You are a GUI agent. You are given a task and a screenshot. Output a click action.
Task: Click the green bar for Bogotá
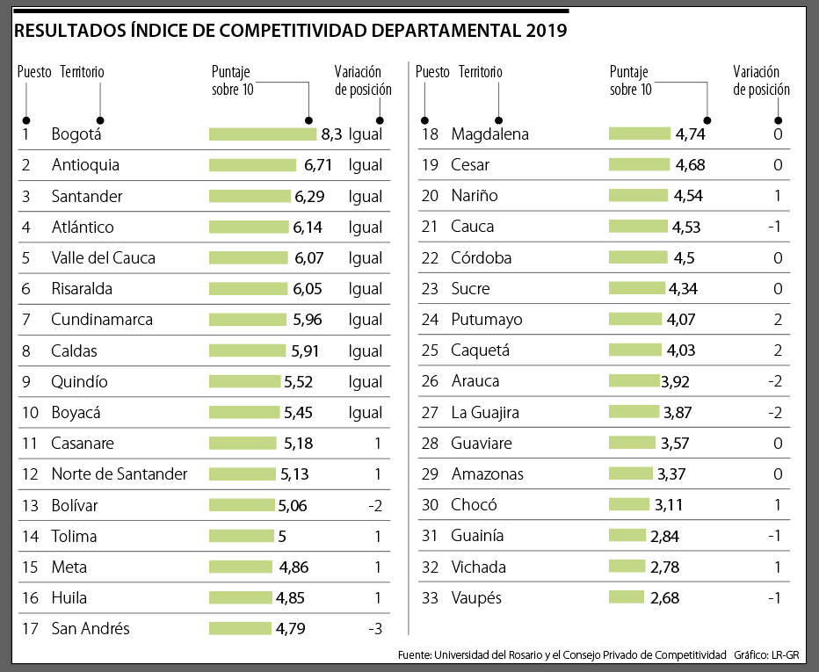pos(263,134)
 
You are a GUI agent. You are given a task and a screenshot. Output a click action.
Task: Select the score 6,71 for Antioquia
pos(319,165)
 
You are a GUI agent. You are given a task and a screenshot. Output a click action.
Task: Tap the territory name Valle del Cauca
pos(103,258)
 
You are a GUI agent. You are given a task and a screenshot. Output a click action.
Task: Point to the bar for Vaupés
pos(626,597)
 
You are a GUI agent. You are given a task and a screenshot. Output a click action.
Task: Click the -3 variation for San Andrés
pos(375,629)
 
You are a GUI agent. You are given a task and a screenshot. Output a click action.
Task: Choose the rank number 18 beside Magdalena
pos(430,134)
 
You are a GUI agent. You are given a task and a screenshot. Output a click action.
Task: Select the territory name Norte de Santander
pos(120,474)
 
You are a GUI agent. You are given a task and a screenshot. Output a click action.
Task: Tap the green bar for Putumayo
pos(635,320)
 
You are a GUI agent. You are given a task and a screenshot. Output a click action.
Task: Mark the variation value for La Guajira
pos(774,413)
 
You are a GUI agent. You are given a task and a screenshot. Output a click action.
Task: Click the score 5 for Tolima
pos(282,536)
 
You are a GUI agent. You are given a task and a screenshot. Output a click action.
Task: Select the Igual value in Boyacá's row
pos(366,413)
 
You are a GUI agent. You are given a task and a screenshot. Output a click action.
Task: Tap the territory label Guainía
pos(477,536)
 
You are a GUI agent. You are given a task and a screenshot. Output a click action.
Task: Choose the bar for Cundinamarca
pos(248,320)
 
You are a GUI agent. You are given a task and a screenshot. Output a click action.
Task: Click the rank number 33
pos(430,598)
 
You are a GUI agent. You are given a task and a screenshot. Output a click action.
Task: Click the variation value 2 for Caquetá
pos(778,350)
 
